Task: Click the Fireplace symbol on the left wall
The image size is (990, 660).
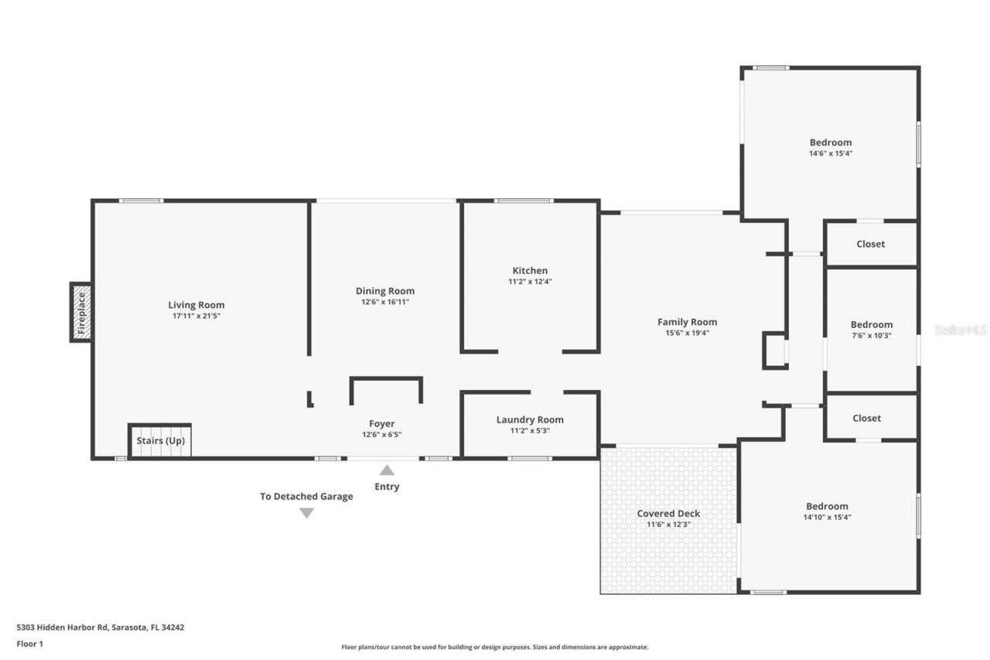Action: pyautogui.click(x=81, y=313)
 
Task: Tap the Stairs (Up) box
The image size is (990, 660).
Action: pyautogui.click(x=160, y=440)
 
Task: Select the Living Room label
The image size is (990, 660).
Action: pyautogui.click(x=196, y=305)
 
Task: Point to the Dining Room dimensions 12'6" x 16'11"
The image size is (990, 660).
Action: pyautogui.click(x=384, y=302)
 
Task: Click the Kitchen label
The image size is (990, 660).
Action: pyautogui.click(x=530, y=271)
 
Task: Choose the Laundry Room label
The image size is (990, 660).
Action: pyautogui.click(x=530, y=419)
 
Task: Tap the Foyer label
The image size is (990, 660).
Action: pyautogui.click(x=381, y=423)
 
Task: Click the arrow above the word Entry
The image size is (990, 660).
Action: pyautogui.click(x=387, y=470)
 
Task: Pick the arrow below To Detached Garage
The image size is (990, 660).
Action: pyautogui.click(x=306, y=513)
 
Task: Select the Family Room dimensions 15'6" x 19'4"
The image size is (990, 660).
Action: pyautogui.click(x=687, y=333)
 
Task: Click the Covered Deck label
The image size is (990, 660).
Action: pyautogui.click(x=668, y=514)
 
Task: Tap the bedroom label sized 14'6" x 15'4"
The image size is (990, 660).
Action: pyautogui.click(x=831, y=142)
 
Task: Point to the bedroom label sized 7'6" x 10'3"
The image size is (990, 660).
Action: pyautogui.click(x=872, y=325)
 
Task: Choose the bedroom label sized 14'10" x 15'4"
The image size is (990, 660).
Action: pyautogui.click(x=827, y=506)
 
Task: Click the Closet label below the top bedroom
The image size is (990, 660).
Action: pyautogui.click(x=870, y=244)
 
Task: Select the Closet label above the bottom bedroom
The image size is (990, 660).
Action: pyautogui.click(x=866, y=418)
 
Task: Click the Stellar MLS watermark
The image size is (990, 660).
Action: pyautogui.click(x=961, y=330)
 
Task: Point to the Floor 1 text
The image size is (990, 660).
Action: pyautogui.click(x=30, y=643)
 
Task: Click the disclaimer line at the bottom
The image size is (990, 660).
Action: pyautogui.click(x=495, y=647)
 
